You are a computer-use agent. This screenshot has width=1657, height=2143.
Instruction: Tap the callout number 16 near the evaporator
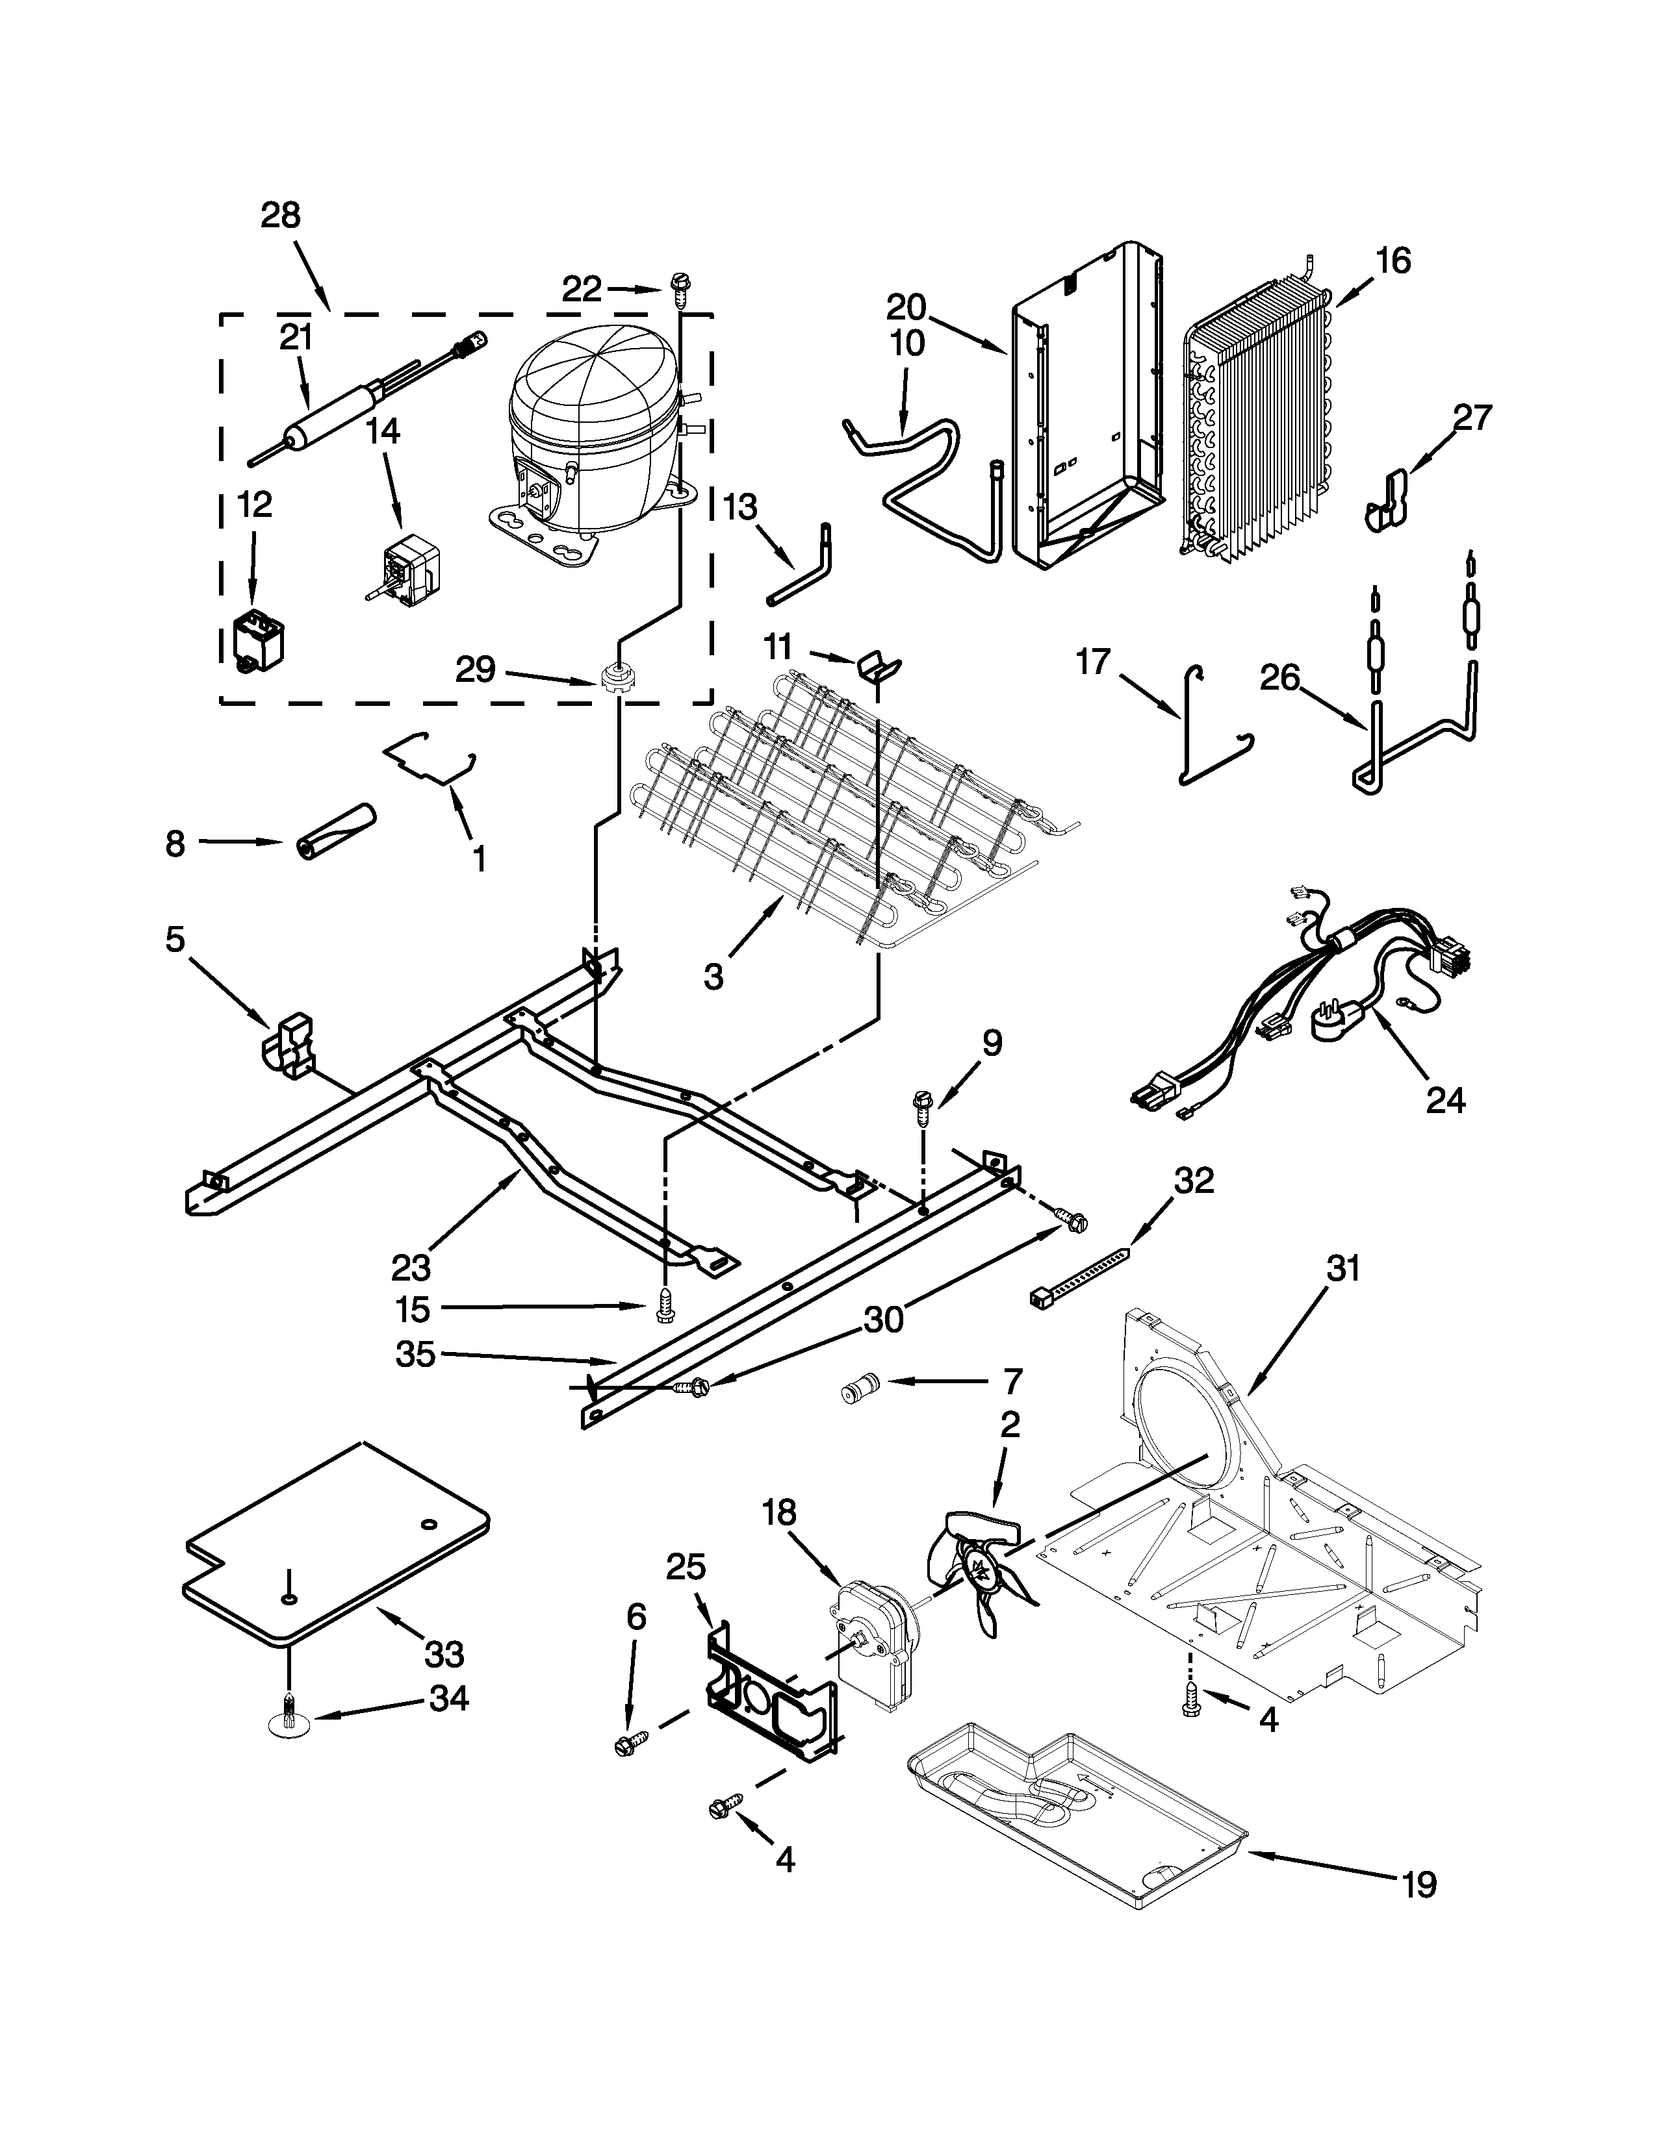click(x=1392, y=261)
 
